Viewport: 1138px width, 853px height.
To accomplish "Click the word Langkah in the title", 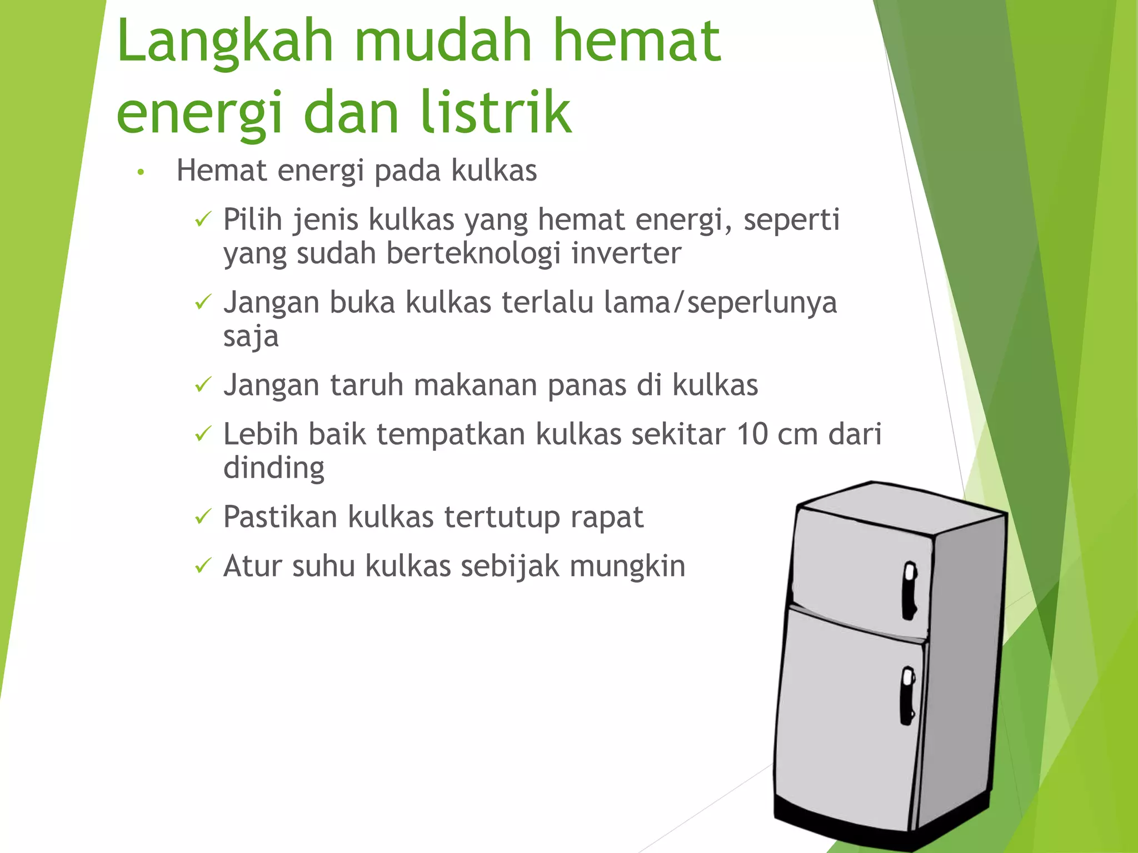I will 225,42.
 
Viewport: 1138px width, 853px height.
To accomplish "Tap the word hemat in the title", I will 637,41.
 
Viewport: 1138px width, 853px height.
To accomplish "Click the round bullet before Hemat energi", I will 141,173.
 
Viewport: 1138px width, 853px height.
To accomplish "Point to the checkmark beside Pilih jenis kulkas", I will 203,220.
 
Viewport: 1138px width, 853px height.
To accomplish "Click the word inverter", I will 626,253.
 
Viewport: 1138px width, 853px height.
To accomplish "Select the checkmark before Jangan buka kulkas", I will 203,303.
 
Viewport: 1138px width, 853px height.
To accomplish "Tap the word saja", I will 251,337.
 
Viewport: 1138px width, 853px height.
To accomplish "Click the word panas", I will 587,385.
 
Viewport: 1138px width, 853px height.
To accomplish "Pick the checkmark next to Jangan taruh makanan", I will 203,385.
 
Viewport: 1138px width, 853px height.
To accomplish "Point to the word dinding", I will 274,468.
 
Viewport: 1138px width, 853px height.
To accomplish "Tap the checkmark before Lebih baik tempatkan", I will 203,434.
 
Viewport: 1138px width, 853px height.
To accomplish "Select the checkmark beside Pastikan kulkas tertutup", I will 203,517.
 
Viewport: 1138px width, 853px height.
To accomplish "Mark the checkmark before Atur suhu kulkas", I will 203,566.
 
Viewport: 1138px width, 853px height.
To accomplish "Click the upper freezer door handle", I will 910,590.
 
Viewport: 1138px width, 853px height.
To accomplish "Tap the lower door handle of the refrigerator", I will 907,695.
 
